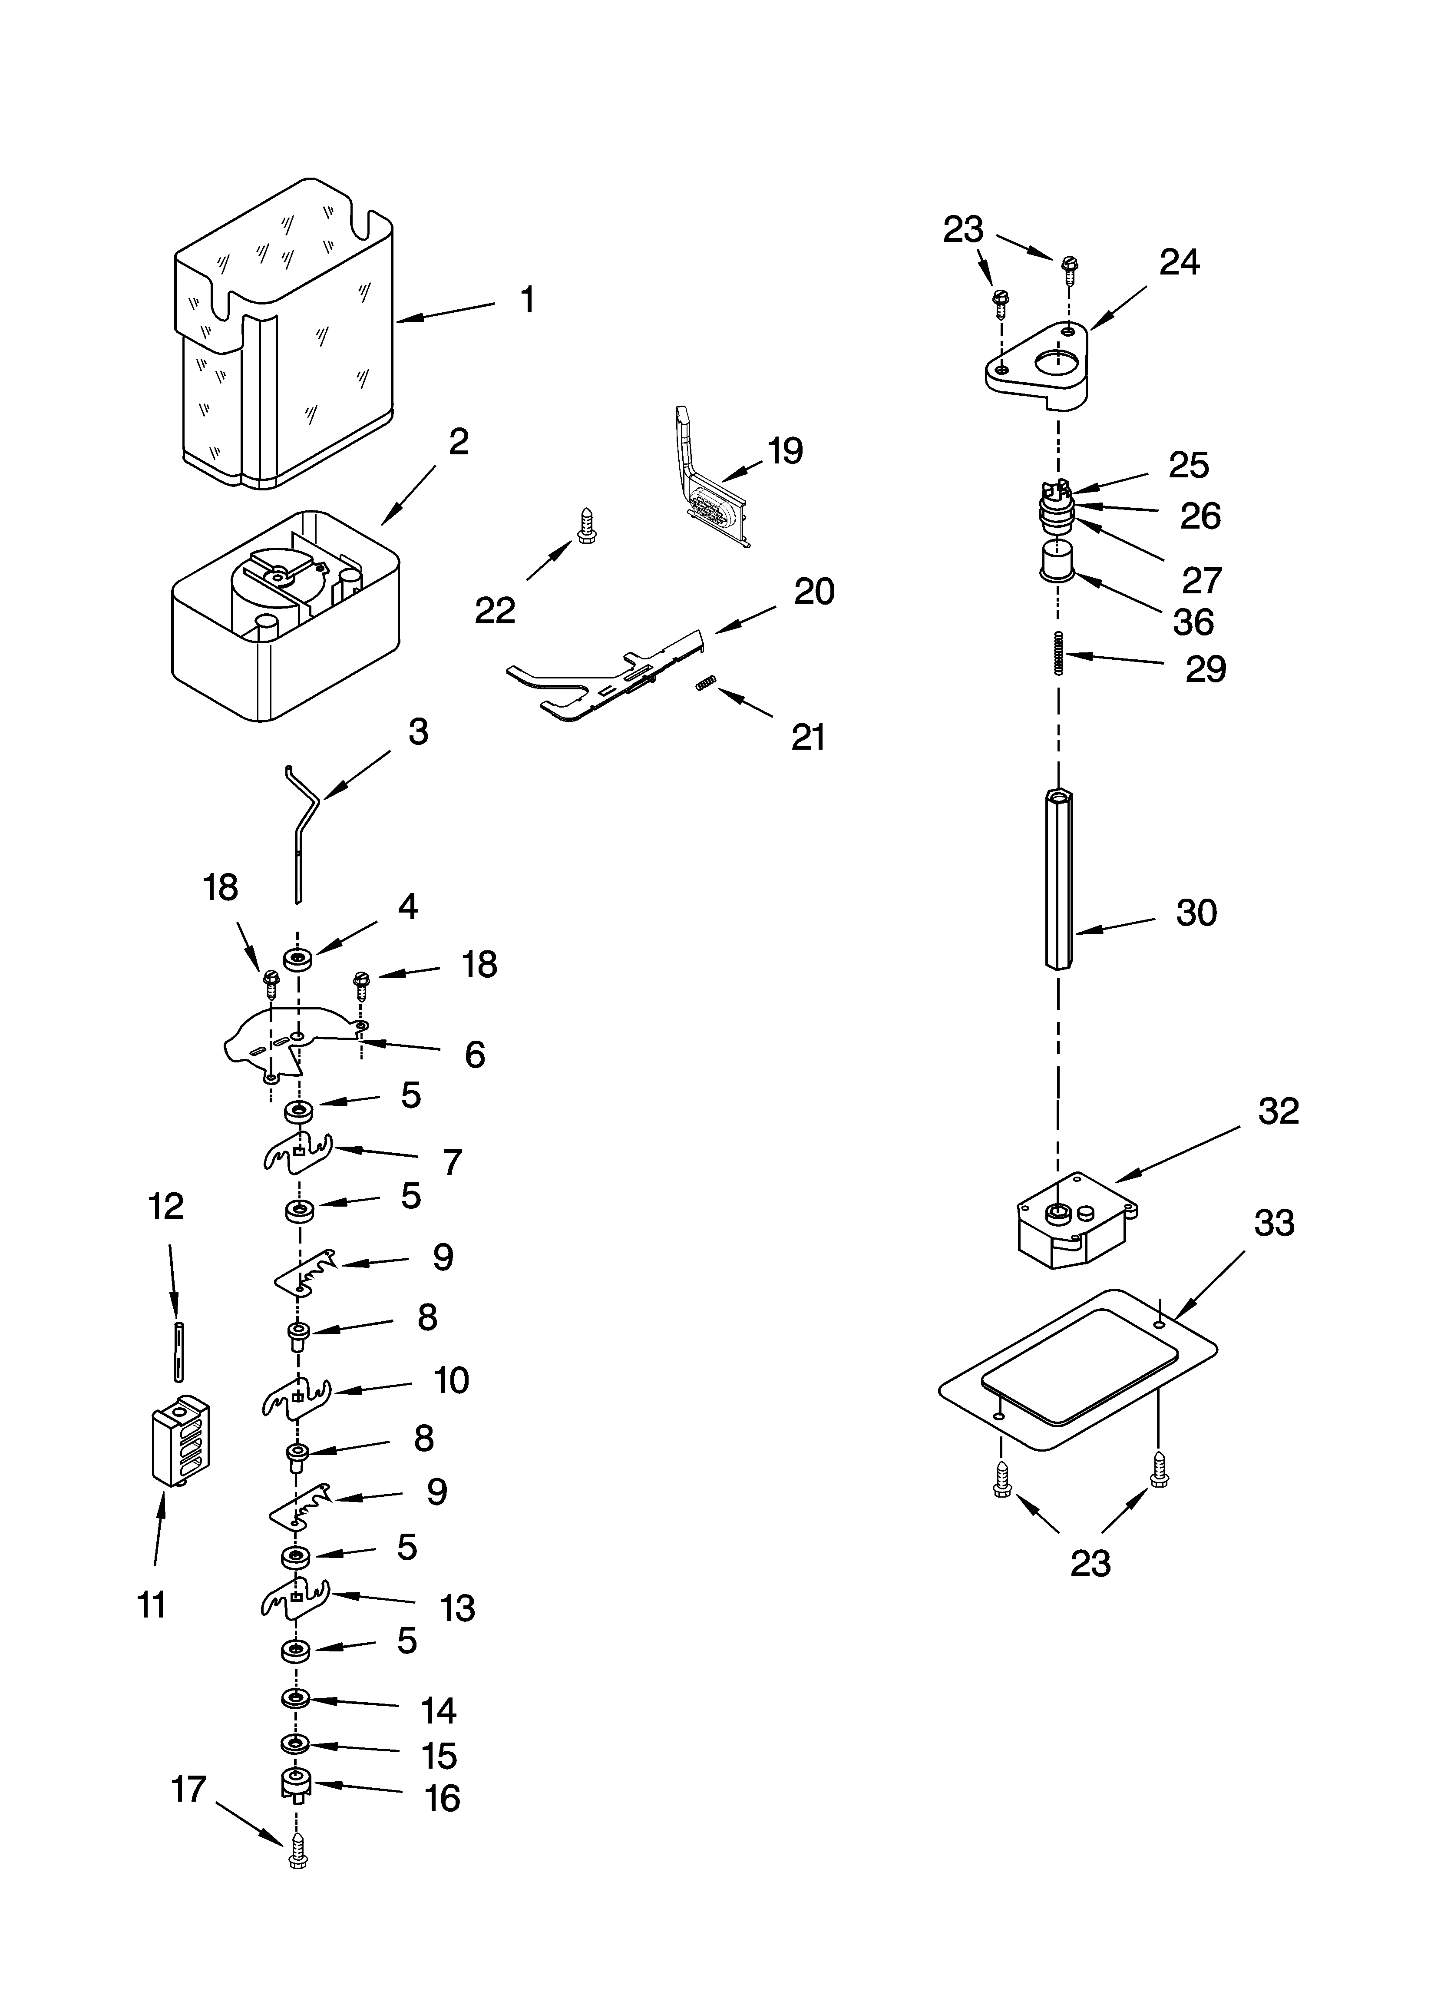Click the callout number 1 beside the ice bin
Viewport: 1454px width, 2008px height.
click(527, 300)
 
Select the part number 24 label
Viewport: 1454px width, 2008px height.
click(1180, 262)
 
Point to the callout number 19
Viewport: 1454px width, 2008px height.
click(785, 451)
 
